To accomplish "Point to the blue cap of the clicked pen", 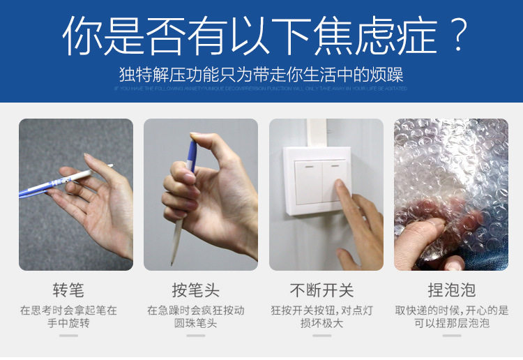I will pos(192,150).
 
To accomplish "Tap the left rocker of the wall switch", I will pos(308,181).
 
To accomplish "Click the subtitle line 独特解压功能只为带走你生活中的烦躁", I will pos(261,75).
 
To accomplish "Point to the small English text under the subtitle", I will pos(261,89).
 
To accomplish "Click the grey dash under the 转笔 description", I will pos(68,336).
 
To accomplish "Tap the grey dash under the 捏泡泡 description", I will pos(451,336).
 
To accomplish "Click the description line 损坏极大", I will pos(321,324).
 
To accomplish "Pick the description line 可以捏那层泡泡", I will pos(451,324).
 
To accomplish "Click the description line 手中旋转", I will pos(68,324).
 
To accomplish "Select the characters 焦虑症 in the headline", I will pos(374,37).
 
